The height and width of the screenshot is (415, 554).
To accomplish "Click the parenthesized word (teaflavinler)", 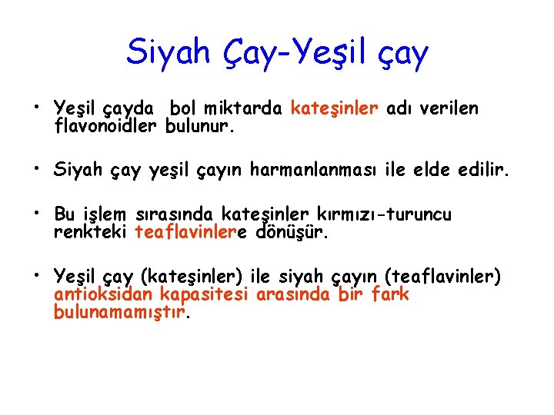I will (447, 276).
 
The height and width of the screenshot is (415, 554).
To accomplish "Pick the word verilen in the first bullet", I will (449, 109).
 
